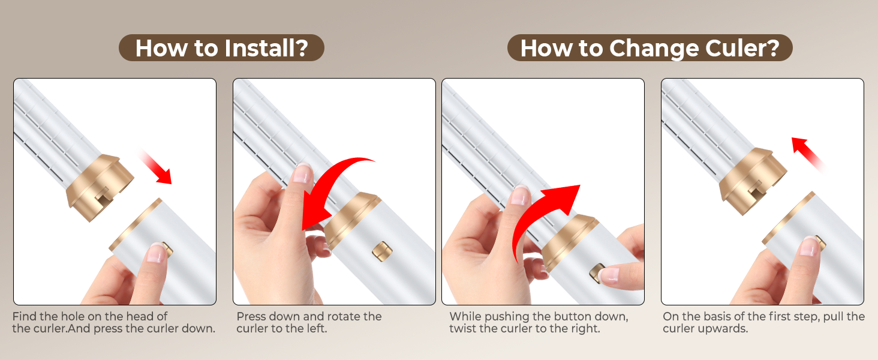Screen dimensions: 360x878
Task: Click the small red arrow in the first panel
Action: pyautogui.click(x=156, y=166)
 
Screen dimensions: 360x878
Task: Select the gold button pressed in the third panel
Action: pyautogui.click(x=598, y=273)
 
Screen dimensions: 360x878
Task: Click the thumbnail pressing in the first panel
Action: pyautogui.click(x=157, y=253)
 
